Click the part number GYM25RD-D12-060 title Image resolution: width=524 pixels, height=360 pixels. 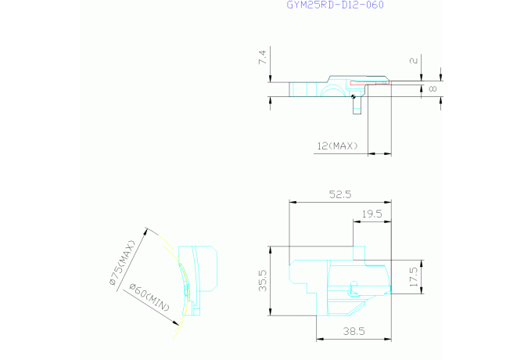[x=336, y=5]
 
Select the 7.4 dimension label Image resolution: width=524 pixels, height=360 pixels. [x=262, y=57]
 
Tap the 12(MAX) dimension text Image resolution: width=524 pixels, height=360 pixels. [x=337, y=146]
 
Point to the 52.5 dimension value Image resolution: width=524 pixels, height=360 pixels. [x=340, y=195]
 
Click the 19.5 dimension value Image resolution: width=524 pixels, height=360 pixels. [x=372, y=214]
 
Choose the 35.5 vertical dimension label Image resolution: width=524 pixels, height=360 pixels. [x=263, y=281]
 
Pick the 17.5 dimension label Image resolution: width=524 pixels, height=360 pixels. [x=414, y=277]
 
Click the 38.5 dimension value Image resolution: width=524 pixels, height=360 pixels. [x=354, y=331]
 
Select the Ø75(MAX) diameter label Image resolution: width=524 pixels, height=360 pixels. [x=122, y=263]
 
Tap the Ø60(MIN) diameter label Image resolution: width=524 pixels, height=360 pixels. [x=149, y=297]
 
